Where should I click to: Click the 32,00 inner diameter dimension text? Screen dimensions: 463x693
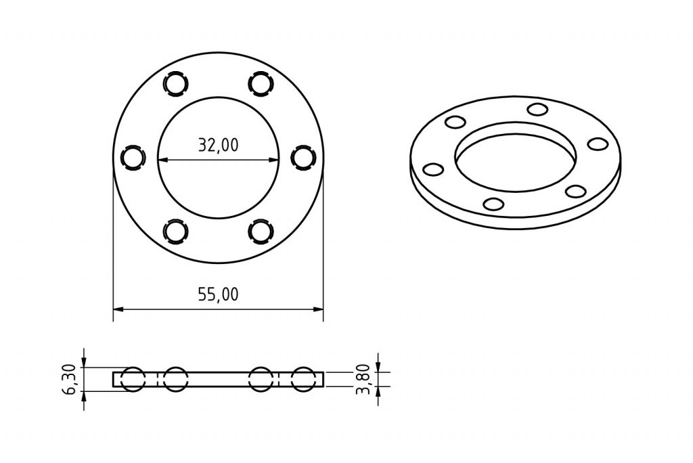[x=218, y=144]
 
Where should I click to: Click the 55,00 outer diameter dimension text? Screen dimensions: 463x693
[x=218, y=294]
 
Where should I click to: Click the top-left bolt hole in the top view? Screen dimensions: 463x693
[x=176, y=84]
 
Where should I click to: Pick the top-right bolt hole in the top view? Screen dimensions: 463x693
[x=260, y=84]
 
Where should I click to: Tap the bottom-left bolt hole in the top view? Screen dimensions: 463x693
[x=176, y=231]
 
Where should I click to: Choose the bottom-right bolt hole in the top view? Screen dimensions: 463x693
[x=260, y=231]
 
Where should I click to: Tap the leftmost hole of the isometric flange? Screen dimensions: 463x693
[x=431, y=169]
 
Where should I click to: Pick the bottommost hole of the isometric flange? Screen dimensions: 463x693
[x=492, y=204]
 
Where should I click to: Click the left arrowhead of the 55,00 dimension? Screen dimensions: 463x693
[x=116, y=309]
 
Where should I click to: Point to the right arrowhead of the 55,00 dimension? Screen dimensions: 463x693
[x=319, y=309]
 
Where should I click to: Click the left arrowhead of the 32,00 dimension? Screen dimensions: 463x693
[x=162, y=160]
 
